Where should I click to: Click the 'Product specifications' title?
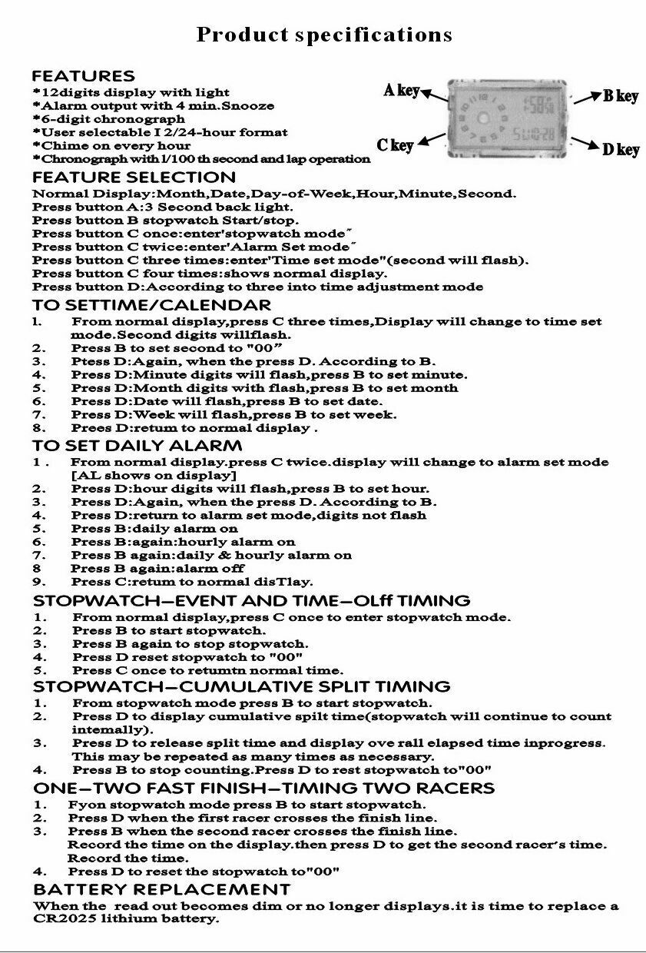click(x=323, y=35)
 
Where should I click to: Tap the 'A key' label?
click(x=401, y=91)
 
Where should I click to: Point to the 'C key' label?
click(x=395, y=144)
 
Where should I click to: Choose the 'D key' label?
click(x=621, y=150)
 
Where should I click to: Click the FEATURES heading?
click(x=83, y=76)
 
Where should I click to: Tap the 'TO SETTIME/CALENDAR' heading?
click(x=151, y=305)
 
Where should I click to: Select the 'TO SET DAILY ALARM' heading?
click(x=137, y=446)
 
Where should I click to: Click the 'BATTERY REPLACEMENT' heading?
click(x=161, y=889)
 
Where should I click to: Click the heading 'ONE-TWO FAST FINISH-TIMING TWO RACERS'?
click(x=263, y=788)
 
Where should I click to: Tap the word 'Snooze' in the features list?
click(x=248, y=106)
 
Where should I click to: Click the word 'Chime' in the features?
click(x=61, y=146)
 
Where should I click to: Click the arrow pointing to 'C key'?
click(x=432, y=140)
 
